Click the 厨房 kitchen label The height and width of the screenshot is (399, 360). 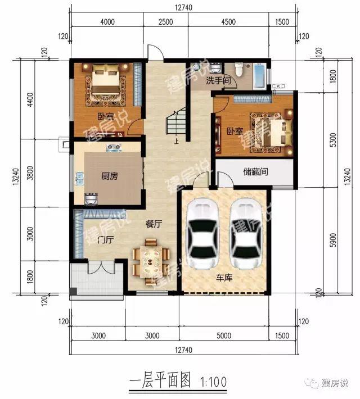coord(110,176)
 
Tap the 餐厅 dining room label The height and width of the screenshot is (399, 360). coord(154,224)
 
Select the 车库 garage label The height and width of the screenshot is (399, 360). coord(224,277)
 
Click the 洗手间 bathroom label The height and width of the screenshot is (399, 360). coord(218,81)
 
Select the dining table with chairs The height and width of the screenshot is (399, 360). coord(150,259)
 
